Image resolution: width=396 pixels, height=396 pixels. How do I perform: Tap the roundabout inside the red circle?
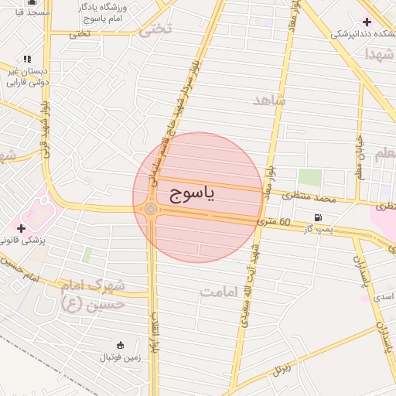151,209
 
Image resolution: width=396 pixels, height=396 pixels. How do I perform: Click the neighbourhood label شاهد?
269,101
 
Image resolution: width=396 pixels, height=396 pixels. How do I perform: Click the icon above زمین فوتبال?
120,345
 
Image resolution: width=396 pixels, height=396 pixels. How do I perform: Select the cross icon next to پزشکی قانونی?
21,228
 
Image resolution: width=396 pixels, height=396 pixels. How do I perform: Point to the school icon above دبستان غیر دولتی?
28,59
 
